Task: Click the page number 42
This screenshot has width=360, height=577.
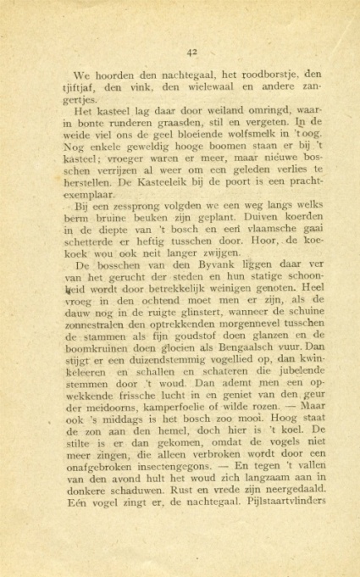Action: (x=191, y=51)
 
